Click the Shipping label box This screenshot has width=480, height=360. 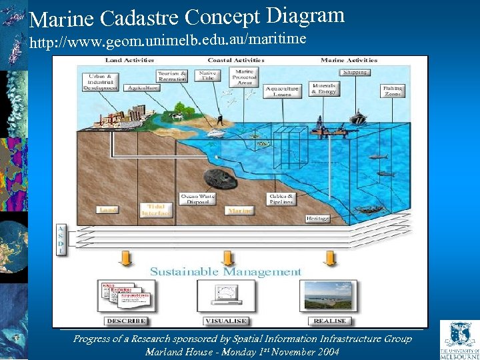coord(357,72)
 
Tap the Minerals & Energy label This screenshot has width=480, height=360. coord(324,88)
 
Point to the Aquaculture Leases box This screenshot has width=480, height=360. coord(282,91)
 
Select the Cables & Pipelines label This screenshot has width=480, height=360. coord(281,199)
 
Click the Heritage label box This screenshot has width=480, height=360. coord(318,218)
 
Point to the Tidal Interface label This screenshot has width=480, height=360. coord(156,210)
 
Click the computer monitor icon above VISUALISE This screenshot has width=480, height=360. coord(227,294)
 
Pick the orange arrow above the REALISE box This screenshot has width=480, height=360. coord(327,257)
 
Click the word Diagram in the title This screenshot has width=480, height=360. coord(305,15)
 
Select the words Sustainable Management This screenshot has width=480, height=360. coord(225,271)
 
